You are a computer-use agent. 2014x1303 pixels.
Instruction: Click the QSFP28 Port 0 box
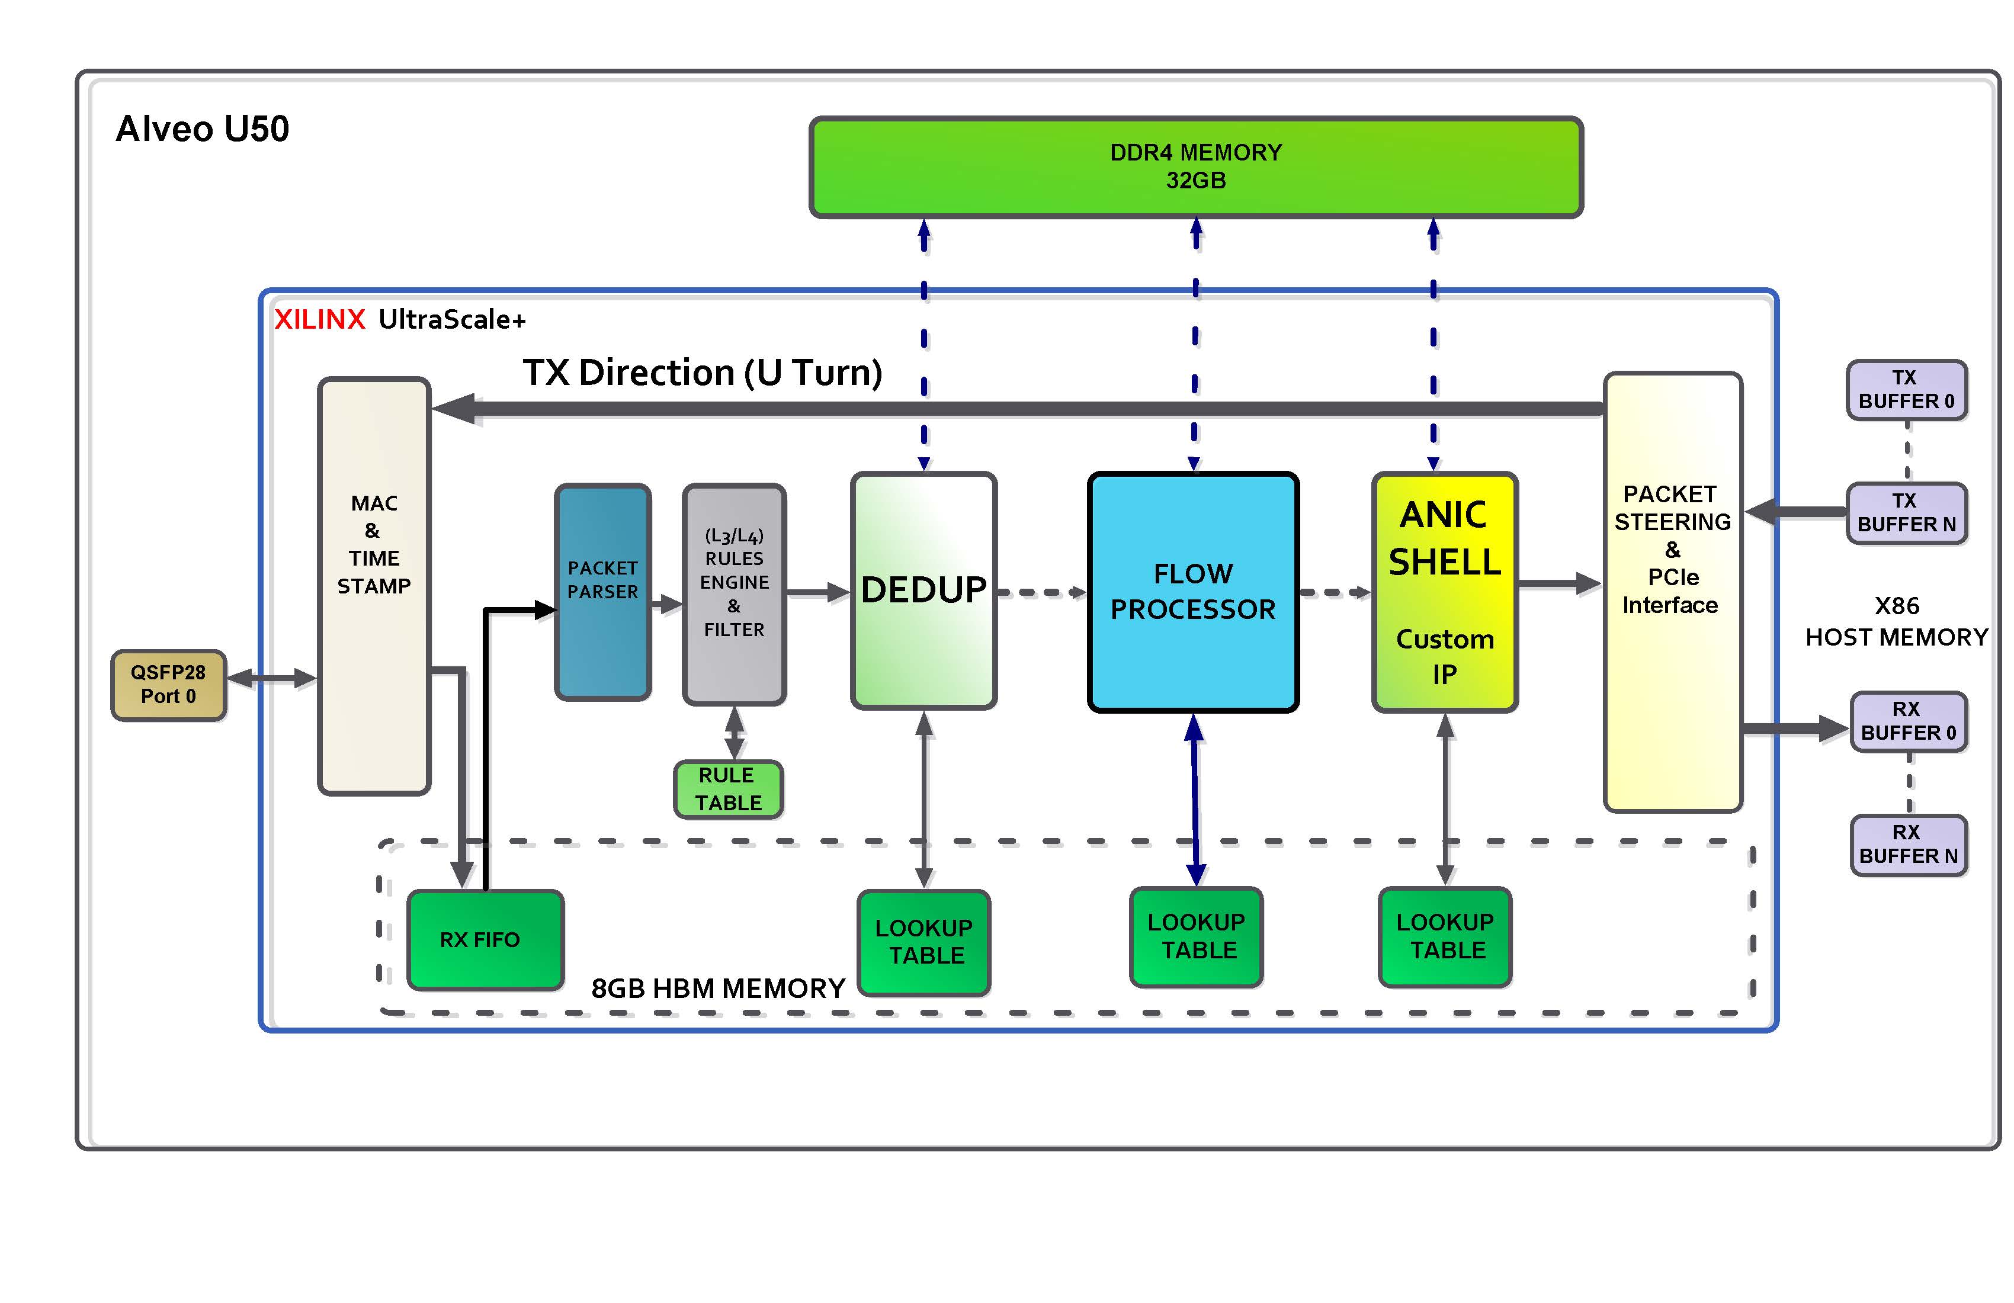click(168, 685)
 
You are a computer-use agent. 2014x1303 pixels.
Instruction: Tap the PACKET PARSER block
click(602, 592)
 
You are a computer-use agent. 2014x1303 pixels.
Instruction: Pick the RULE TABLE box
click(728, 788)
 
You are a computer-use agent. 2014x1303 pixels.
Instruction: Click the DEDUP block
click(923, 590)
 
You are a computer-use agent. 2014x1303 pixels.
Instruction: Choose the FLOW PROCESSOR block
click(1192, 592)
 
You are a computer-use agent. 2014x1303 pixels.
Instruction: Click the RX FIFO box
click(485, 939)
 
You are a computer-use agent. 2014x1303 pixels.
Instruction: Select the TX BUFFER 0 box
click(1906, 389)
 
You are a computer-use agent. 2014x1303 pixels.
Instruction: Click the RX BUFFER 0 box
click(1907, 721)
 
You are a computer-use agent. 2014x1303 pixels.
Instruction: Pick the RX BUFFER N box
click(1907, 845)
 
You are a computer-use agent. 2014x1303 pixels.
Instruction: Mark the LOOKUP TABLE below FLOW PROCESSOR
click(1196, 936)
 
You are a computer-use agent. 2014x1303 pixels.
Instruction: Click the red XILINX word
click(319, 320)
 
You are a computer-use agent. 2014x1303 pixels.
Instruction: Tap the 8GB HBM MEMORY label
click(717, 989)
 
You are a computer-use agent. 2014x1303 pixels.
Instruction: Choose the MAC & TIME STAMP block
click(374, 586)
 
